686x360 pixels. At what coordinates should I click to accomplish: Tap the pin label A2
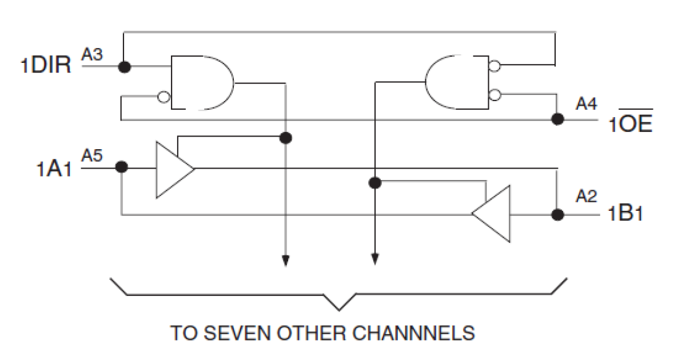(x=587, y=196)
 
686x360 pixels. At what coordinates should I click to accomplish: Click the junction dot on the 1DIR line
(x=123, y=67)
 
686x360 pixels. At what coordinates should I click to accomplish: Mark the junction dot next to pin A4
(x=557, y=119)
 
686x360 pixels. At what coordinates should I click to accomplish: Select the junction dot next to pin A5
(x=121, y=167)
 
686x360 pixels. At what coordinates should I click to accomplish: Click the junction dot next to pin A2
(x=557, y=215)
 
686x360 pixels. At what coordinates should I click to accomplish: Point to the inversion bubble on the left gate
(x=164, y=97)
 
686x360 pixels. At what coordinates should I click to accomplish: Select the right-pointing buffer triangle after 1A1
(x=171, y=169)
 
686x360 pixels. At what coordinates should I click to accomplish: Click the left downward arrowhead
(x=286, y=261)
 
